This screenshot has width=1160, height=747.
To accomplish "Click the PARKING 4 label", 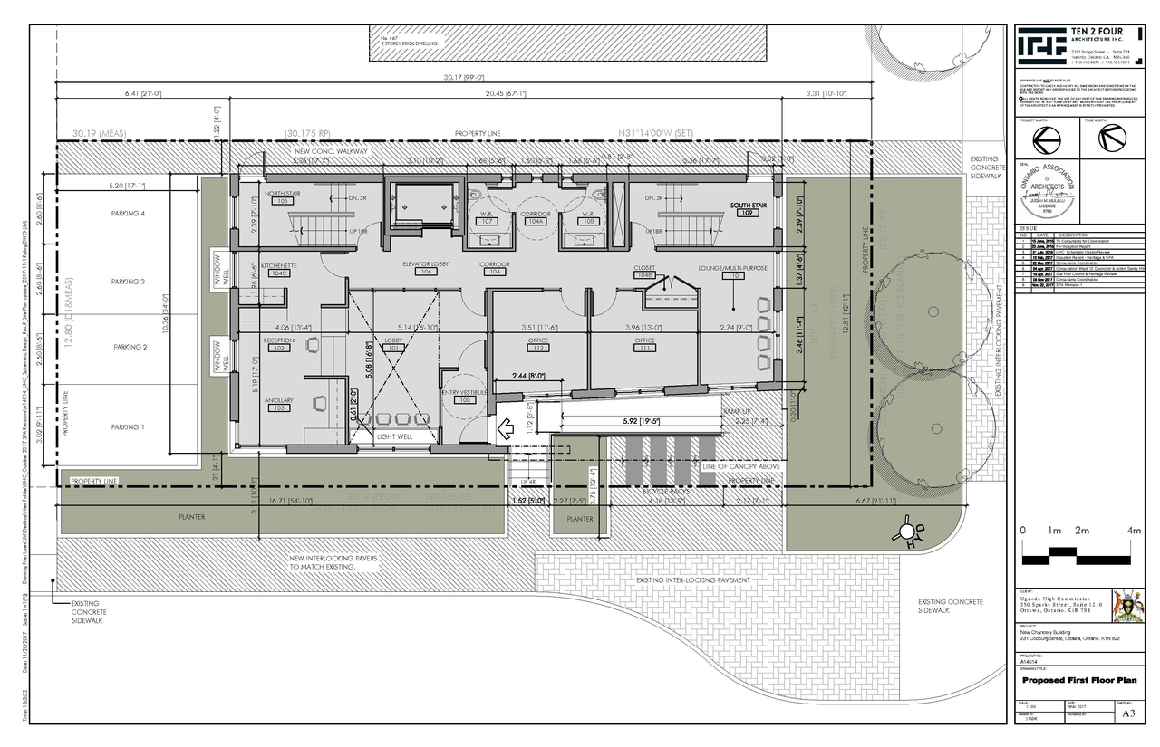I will point(130,214).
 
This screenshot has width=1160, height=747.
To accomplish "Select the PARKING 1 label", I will point(130,427).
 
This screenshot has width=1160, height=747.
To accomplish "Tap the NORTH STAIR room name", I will point(281,194).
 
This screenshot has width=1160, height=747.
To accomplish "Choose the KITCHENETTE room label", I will point(279,265).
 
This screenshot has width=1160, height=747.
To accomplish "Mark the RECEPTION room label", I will point(279,340).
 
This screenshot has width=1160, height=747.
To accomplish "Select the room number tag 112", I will point(539,349).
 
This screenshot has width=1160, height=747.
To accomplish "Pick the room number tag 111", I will point(645,349).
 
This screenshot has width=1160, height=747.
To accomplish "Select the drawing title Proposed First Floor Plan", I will point(1078,680).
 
